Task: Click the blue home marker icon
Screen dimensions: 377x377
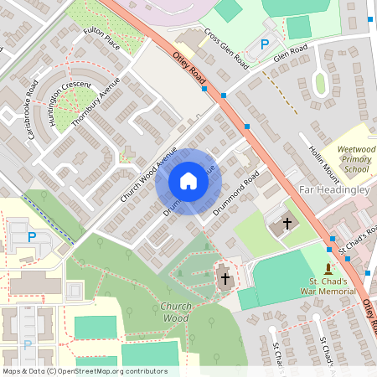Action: point(188,181)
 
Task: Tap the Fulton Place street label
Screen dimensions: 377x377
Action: point(102,38)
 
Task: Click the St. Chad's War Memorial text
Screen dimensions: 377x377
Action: point(328,286)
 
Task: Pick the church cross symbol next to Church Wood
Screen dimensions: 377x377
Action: point(225,277)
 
